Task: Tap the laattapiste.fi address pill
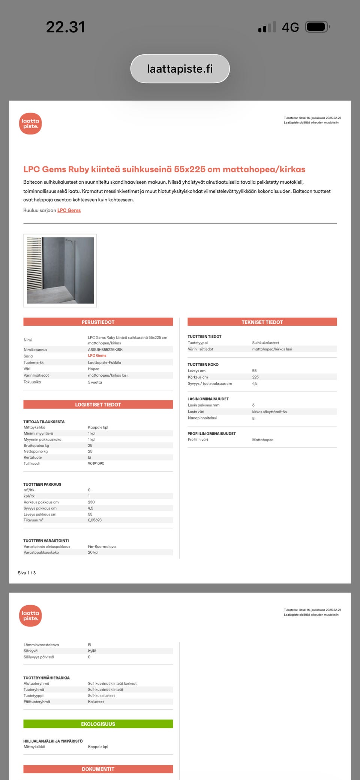click(180, 69)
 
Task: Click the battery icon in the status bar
click(317, 27)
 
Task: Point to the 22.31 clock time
click(66, 27)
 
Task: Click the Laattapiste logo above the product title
click(30, 124)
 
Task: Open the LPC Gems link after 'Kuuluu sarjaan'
click(69, 210)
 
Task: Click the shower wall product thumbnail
click(60, 270)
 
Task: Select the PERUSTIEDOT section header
click(98, 322)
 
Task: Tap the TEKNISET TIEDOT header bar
click(262, 322)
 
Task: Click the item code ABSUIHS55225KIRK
click(105, 350)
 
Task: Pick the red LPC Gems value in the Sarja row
click(97, 356)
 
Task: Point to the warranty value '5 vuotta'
click(95, 382)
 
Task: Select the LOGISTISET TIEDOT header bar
click(98, 404)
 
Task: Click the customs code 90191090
click(96, 464)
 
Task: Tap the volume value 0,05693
click(95, 520)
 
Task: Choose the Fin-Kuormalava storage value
click(102, 546)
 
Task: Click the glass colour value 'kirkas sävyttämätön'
click(269, 412)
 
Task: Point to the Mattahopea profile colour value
click(262, 440)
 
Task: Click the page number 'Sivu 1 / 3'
click(27, 573)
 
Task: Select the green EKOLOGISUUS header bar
click(98, 724)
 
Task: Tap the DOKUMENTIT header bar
click(98, 769)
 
